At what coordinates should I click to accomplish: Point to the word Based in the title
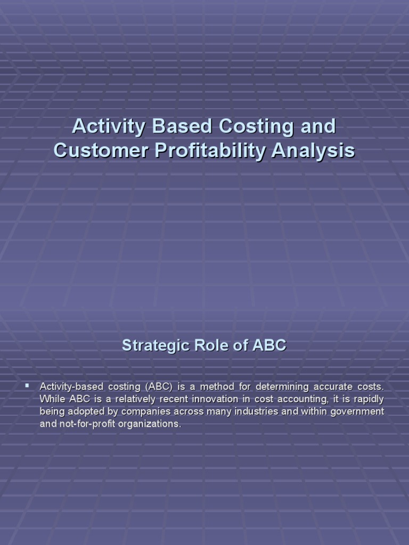coord(180,127)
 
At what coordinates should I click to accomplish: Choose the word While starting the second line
coord(52,399)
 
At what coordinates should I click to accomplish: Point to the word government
coord(358,411)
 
